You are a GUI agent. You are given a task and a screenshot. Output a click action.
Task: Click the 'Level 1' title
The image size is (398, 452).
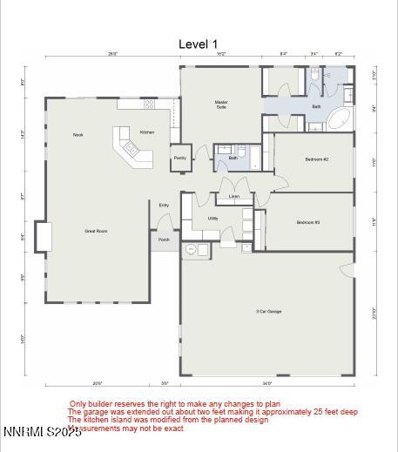click(x=199, y=44)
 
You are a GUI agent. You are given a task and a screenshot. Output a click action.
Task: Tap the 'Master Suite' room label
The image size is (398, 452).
click(x=221, y=104)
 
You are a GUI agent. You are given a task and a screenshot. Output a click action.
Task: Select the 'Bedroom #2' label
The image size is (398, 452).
click(x=316, y=159)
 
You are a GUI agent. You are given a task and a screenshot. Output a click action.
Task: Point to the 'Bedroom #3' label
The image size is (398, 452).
click(x=308, y=222)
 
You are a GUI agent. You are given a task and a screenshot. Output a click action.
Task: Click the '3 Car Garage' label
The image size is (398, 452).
click(x=268, y=311)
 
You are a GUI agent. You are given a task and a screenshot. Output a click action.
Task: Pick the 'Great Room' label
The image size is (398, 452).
click(x=96, y=231)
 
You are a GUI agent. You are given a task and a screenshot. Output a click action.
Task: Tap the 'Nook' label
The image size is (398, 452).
click(x=78, y=134)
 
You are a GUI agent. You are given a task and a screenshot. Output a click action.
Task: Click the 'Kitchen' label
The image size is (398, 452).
click(x=147, y=132)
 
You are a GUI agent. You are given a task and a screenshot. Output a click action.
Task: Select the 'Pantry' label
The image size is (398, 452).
click(x=179, y=158)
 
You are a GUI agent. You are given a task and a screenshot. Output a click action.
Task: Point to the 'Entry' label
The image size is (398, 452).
click(x=164, y=205)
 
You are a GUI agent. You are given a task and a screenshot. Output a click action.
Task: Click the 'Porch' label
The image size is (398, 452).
click(x=164, y=239)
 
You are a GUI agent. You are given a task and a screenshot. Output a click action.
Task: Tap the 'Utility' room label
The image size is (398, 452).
click(x=212, y=219)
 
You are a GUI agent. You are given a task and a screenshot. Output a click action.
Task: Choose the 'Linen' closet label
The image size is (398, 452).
click(x=234, y=197)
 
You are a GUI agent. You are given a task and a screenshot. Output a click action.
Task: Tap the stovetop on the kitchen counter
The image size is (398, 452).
click(x=149, y=105)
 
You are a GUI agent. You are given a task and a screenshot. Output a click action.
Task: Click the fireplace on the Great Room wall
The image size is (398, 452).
click(x=42, y=237)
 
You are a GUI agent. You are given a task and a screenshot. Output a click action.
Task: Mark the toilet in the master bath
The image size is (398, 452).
click(x=314, y=76)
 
